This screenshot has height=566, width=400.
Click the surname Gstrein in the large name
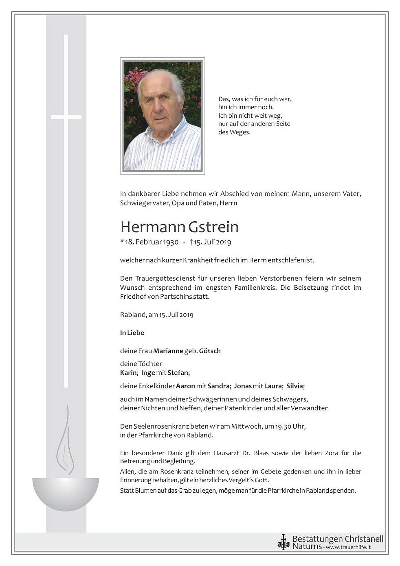coord(213,227)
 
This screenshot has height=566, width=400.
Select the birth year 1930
coord(171,242)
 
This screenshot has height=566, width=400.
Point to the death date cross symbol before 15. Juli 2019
coord(191,242)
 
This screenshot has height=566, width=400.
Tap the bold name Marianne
coord(168,351)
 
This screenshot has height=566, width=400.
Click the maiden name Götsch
coord(210,351)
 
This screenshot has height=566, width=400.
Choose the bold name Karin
coord(128,373)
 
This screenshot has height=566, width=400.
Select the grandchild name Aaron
coord(185,386)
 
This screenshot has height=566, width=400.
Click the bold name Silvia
coord(295,386)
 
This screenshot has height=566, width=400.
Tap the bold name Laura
coord(273,386)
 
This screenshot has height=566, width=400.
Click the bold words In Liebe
coord(132,333)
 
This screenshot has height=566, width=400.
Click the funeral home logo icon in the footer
coord(283,542)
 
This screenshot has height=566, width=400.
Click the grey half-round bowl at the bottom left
coord(65,493)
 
